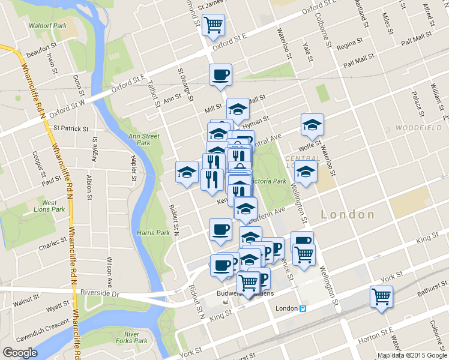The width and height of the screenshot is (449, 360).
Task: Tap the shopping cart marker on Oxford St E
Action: pyautogui.click(x=213, y=26)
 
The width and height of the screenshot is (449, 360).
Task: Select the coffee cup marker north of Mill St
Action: pyautogui.click(x=220, y=76)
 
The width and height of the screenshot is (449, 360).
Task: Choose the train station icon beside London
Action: pyautogui.click(x=304, y=308)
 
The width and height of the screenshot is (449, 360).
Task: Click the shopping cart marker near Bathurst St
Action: pyautogui.click(x=381, y=297)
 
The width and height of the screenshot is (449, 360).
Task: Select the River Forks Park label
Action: pyautogui.click(x=136, y=337)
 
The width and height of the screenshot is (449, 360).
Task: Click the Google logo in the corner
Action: pyautogui.click(x=20, y=352)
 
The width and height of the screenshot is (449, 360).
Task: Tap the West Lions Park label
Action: pyautogui.click(x=54, y=206)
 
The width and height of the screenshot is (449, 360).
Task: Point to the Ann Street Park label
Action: pyautogui.click(x=144, y=139)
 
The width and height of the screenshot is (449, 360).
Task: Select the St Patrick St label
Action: pyautogui.click(x=70, y=128)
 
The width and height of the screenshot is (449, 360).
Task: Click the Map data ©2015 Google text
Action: pyautogui.click(x=412, y=355)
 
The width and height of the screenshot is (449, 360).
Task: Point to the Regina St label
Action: pyautogui.click(x=350, y=44)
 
